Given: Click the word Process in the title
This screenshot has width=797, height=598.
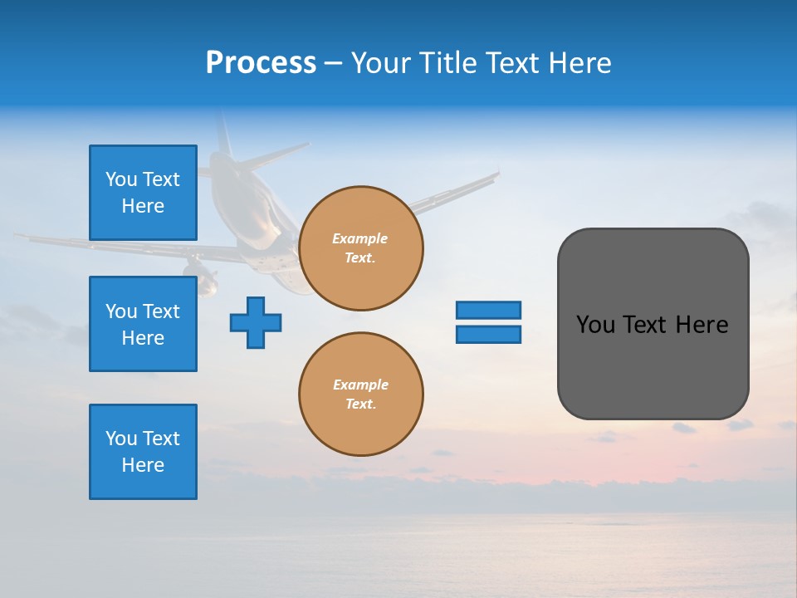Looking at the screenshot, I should click(x=261, y=63).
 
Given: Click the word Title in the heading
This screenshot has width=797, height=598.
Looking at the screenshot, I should click(x=446, y=63).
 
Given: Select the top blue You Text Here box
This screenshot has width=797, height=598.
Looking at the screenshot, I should click(x=143, y=193).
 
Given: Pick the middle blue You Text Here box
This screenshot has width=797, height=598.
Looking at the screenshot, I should click(x=143, y=324).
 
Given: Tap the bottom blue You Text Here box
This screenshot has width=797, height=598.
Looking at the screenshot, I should click(x=143, y=452).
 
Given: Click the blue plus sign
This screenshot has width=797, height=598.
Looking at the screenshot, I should click(x=256, y=322).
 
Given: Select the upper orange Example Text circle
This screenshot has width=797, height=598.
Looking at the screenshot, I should click(x=361, y=248).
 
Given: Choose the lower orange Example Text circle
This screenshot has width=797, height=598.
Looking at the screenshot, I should click(x=361, y=395).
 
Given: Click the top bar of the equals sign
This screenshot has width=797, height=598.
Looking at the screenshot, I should click(x=488, y=310).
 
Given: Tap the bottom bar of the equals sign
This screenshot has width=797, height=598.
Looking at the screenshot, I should click(x=488, y=334).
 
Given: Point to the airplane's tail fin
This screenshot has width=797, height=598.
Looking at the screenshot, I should click(x=222, y=133).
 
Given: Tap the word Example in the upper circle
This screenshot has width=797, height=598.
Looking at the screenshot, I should click(x=360, y=238).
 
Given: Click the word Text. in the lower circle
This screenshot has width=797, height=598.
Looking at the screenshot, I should click(x=360, y=404).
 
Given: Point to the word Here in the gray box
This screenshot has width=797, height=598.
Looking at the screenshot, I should click(x=702, y=325).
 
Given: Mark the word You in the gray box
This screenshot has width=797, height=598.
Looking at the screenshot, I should click(x=595, y=325).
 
